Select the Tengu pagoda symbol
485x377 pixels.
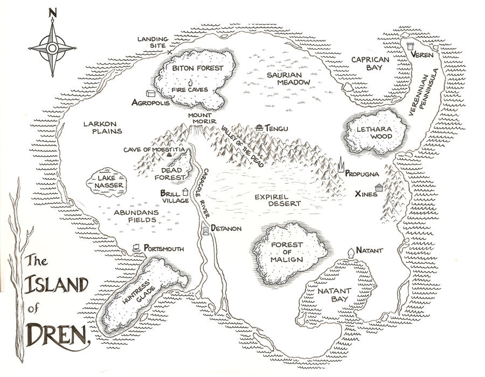(260, 127)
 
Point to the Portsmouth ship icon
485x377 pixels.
(137, 248)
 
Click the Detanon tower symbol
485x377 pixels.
(205, 230)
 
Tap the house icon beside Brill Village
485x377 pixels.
(185, 192)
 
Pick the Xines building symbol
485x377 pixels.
(379, 188)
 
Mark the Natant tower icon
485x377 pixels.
(351, 252)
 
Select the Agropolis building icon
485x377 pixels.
(150, 94)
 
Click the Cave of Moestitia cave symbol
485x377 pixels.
(169, 155)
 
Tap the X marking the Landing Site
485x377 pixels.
(170, 52)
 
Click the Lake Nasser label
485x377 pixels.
(107, 181)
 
